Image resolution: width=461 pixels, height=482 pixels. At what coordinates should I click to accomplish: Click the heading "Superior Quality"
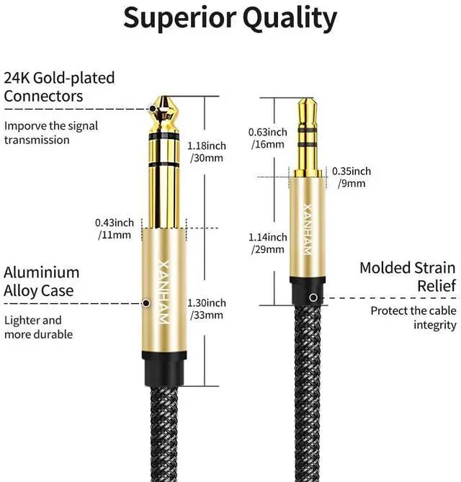coord(230,18)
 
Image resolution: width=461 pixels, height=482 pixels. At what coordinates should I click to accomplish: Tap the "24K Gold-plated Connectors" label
coord(59,86)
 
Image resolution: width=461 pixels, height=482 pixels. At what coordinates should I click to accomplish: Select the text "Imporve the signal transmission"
coord(51,133)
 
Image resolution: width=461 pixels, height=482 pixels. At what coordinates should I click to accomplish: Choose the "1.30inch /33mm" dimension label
coord(206,308)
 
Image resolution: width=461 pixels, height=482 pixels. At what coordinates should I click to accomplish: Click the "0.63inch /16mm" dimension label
coord(267,138)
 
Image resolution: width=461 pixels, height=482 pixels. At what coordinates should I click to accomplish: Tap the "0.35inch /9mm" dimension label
coord(352,177)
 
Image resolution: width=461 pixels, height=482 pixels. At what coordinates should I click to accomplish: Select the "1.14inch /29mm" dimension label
coord(267,244)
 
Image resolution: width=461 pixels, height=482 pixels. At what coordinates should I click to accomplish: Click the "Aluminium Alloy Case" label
coord(42,282)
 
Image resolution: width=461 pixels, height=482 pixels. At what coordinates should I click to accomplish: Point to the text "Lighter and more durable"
coord(38,327)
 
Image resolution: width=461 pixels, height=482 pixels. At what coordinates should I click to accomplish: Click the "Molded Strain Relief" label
coord(408,277)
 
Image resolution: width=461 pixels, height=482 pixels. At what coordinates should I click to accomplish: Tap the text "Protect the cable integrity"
coord(413,318)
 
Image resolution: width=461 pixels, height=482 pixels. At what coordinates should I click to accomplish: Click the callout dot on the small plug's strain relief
coord(312,297)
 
